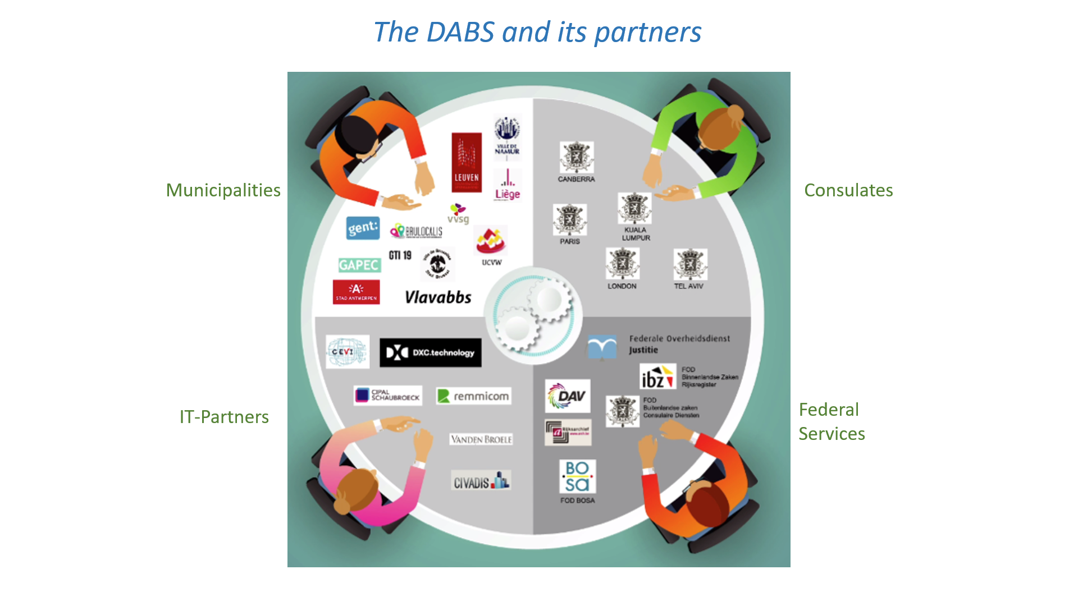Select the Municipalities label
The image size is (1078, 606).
223,190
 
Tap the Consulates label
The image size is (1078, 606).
848,190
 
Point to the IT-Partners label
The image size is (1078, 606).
224,417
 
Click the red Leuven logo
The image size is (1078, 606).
467,162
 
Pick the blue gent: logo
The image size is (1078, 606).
363,228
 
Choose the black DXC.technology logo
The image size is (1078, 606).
430,352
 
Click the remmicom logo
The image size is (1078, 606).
474,396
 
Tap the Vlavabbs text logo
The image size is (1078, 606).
438,297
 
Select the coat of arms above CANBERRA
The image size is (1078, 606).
576,157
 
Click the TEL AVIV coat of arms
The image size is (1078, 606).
690,264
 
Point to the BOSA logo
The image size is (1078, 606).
577,476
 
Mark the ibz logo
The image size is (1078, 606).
657,377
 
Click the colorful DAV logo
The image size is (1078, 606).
567,396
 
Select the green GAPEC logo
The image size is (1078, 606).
359,265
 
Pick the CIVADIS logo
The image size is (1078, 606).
481,481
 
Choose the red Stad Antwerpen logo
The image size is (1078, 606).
356,292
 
